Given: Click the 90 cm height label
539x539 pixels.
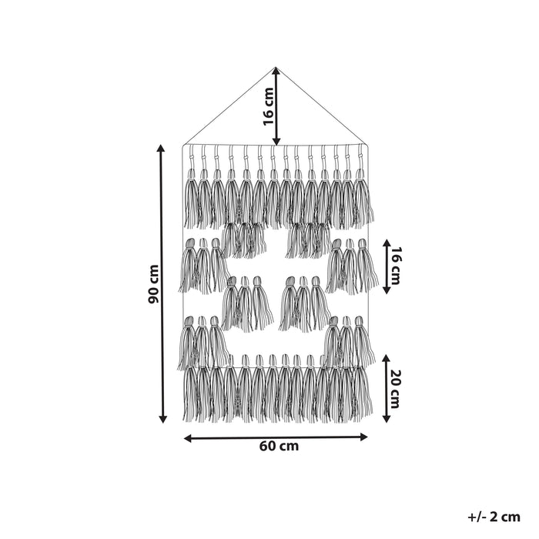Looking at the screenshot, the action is coord(154,283).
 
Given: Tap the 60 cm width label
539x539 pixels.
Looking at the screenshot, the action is coord(279,446).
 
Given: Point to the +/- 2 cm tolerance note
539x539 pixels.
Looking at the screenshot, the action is coord(494,517).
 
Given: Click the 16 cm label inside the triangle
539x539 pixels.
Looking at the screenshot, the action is coord(269,106).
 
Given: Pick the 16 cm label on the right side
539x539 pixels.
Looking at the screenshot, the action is coord(395,266).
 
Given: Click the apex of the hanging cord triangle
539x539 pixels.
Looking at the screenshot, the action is coord(276,67).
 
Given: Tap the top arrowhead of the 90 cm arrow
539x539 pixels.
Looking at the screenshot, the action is coord(160,149).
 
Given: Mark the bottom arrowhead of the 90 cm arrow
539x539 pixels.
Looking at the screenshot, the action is coord(162,419).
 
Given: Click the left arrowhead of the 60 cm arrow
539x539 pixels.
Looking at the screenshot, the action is coord(188,438).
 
